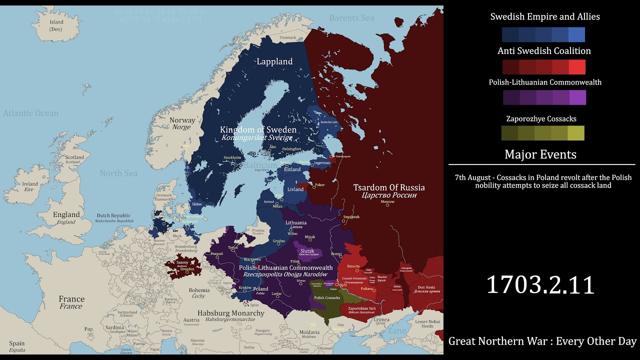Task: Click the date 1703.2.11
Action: pos(540,285)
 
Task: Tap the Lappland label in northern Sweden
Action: pos(274,61)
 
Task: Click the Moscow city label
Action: pos(387,202)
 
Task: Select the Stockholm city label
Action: pos(232,157)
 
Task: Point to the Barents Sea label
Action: pos(351,18)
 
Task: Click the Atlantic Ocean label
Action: pos(31,113)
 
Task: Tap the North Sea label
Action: pos(118,173)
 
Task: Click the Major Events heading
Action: pos(540,154)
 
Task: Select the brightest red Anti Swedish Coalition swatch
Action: pos(576,67)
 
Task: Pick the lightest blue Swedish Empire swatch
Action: pos(576,34)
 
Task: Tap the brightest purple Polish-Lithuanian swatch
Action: pos(577,97)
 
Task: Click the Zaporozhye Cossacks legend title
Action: pos(541,119)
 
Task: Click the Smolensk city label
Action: pos(351,217)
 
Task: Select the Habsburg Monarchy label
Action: pos(231,313)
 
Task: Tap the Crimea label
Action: pos(381,319)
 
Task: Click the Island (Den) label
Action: pos(56,22)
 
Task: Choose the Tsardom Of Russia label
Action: pos(389,187)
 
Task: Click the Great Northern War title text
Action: pos(542,341)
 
